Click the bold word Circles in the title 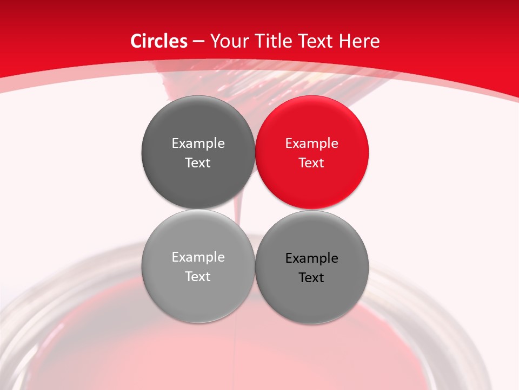(158, 41)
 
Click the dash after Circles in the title (198, 42)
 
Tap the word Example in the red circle (311, 144)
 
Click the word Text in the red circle (311, 162)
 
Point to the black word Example (311, 258)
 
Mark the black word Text (311, 277)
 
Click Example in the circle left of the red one (198, 144)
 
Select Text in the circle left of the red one (198, 162)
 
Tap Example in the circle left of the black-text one (198, 257)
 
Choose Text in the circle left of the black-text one (198, 276)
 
